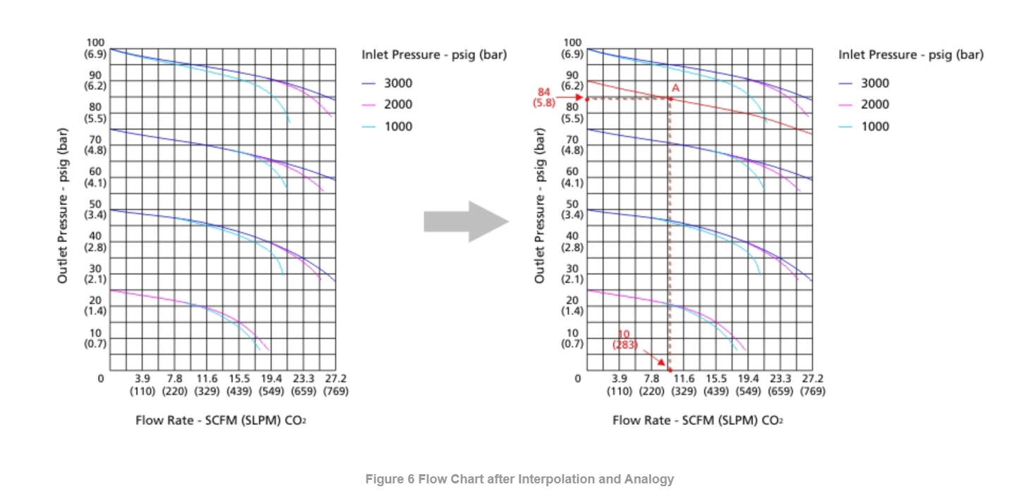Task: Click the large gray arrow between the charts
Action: point(466,222)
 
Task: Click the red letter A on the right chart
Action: point(675,88)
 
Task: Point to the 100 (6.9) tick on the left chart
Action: point(95,48)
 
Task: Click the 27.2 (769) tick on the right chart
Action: point(812,385)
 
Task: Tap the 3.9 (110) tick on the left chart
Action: point(143,385)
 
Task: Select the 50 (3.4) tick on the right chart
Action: point(572,209)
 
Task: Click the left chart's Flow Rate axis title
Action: point(221,421)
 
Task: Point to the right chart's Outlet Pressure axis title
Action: point(541,205)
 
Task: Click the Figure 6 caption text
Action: point(519,479)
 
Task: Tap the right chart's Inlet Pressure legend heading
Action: point(911,55)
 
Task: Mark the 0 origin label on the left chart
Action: point(101,379)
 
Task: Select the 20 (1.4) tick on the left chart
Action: point(95,305)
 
